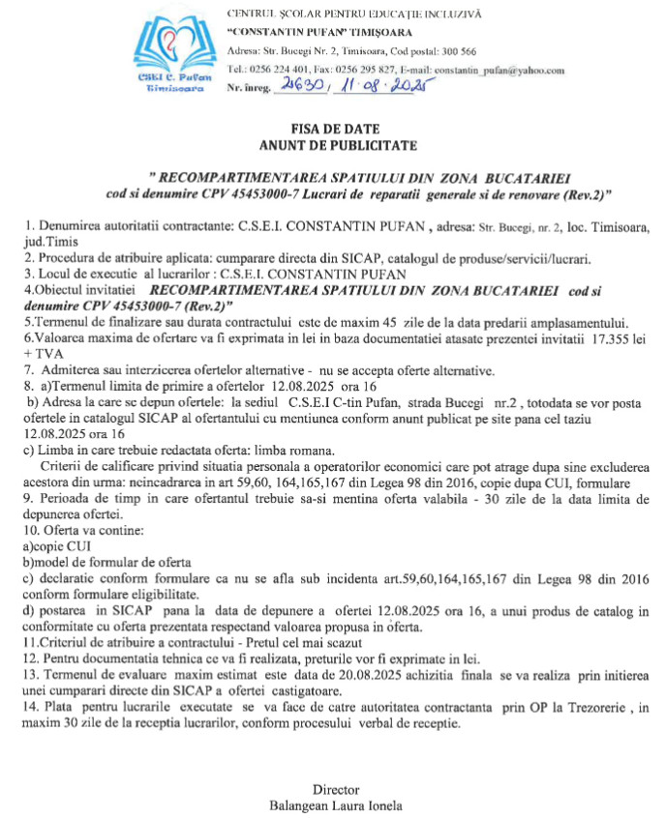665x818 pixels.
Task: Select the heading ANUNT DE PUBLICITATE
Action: tap(331, 146)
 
